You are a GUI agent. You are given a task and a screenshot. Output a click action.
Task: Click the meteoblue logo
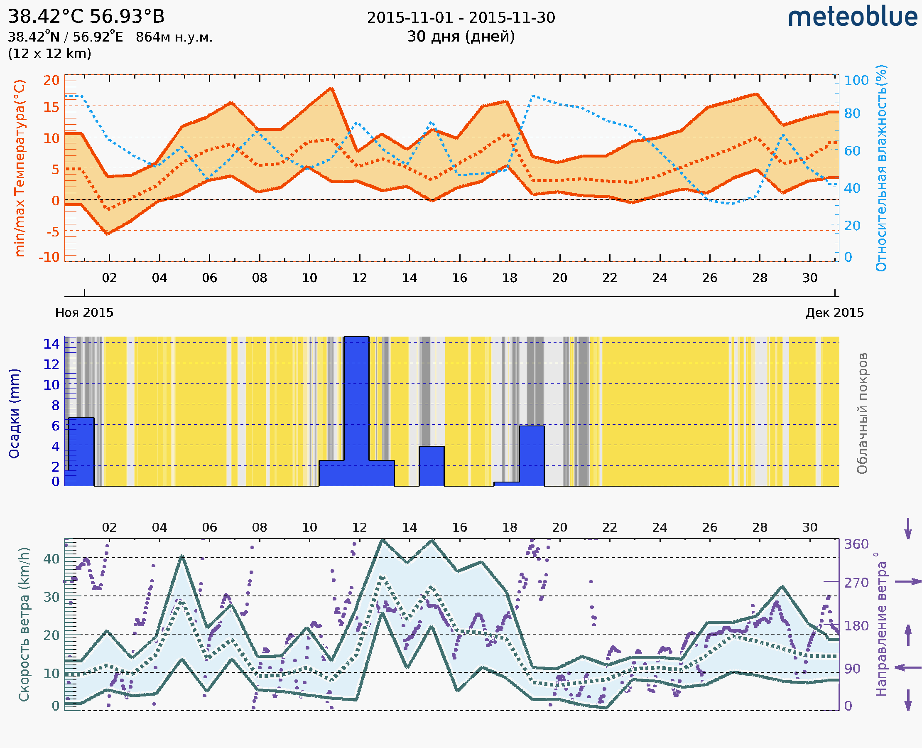click(x=852, y=17)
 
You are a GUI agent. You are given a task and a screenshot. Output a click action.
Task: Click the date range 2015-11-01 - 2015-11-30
click(x=461, y=18)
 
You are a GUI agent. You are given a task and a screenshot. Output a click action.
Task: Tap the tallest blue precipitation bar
click(x=356, y=409)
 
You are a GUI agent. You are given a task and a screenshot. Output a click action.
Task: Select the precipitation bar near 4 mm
click(x=432, y=466)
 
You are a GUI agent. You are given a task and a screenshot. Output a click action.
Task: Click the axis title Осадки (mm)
click(x=14, y=413)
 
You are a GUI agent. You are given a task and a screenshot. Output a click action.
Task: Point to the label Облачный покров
click(x=862, y=413)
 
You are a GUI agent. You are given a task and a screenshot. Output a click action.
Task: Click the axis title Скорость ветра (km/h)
click(x=24, y=625)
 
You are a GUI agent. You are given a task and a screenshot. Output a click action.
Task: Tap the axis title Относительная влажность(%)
click(x=881, y=168)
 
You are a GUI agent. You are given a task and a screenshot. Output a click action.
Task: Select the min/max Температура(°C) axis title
click(x=20, y=168)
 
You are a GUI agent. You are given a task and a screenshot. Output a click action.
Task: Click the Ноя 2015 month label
click(x=84, y=313)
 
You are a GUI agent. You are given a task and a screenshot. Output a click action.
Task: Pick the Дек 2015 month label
click(x=835, y=313)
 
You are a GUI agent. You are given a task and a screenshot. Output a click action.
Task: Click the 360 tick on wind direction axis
click(x=856, y=544)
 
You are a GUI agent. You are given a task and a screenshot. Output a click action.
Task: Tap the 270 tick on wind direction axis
click(x=856, y=583)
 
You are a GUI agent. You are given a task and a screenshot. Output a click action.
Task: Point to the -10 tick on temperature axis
click(x=49, y=257)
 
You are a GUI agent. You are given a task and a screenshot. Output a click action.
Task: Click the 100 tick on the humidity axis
click(x=856, y=81)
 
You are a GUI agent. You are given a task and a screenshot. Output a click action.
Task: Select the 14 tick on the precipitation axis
click(x=51, y=344)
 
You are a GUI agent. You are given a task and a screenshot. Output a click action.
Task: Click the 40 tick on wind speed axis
click(x=51, y=559)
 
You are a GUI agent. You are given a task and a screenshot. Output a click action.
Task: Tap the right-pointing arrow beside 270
click(x=908, y=582)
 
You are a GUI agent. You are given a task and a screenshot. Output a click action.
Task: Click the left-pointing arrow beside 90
click(x=908, y=668)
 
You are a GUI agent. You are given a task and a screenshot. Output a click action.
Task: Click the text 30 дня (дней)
click(x=461, y=37)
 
